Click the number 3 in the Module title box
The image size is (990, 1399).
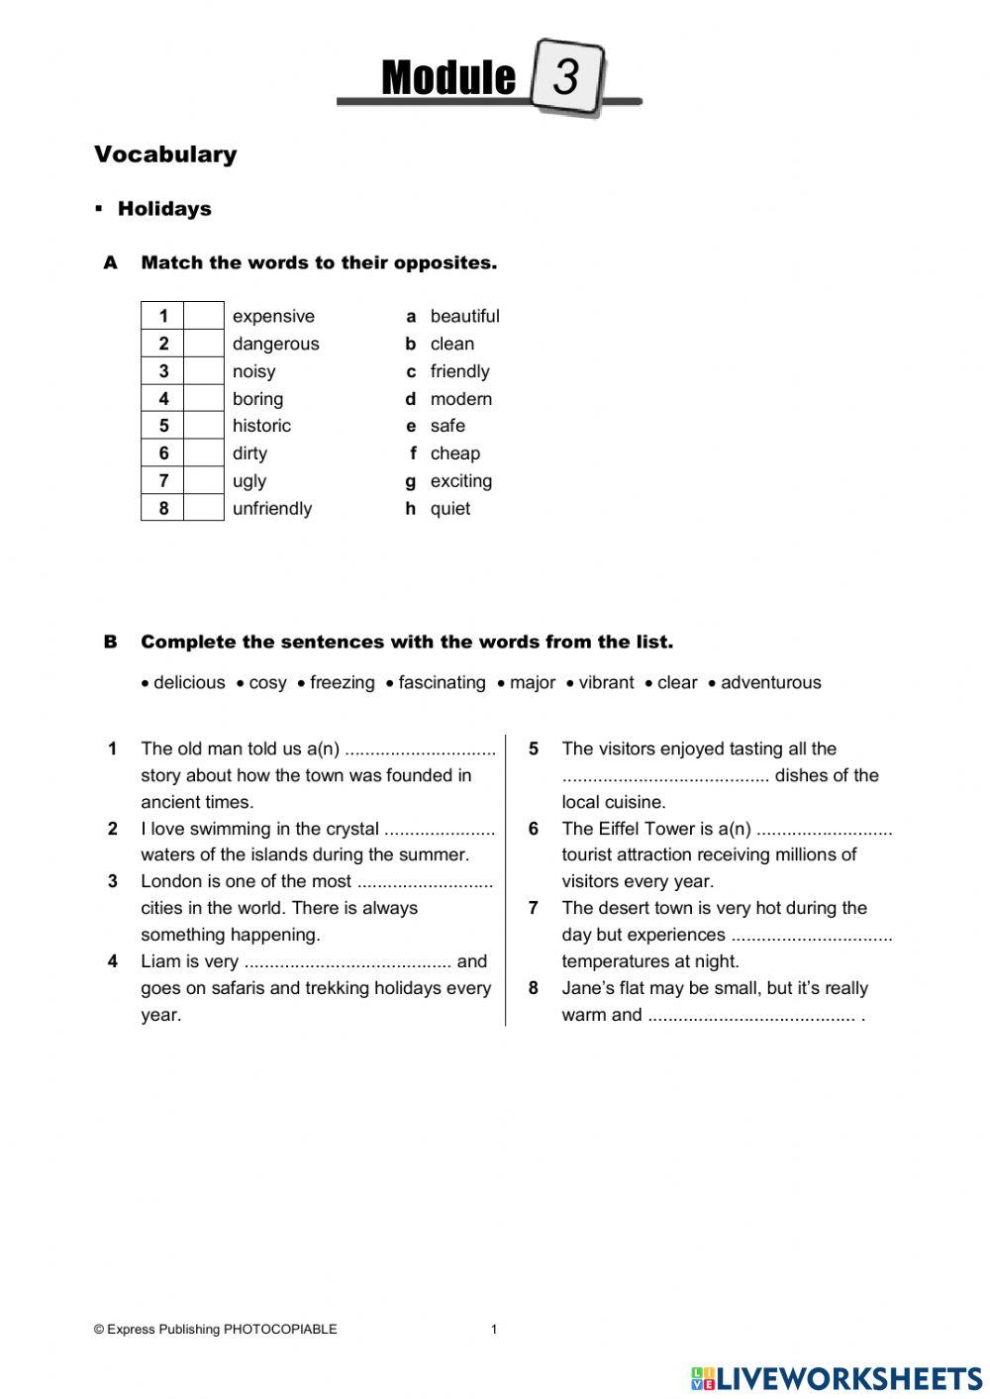pos(566,76)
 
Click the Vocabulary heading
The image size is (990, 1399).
pos(165,154)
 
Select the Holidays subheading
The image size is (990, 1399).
pos(164,209)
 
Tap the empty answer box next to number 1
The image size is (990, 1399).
pos(204,316)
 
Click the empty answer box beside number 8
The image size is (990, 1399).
pos(204,508)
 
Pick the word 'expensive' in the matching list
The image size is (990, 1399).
pos(273,316)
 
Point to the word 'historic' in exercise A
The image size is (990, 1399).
pos(261,426)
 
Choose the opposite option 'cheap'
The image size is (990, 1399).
pos(454,453)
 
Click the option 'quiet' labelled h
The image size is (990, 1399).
pos(449,509)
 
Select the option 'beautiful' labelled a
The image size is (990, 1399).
pos(464,316)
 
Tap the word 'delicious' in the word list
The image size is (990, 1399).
pos(189,682)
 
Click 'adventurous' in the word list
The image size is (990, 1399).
pos(770,682)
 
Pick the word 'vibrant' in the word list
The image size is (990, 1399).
pos(606,682)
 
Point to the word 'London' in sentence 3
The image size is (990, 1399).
pos(172,881)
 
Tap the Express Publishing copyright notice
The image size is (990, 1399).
pos(215,1330)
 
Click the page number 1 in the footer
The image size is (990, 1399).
pos(494,1330)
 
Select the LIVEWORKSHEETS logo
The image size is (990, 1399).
pos(837,1378)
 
